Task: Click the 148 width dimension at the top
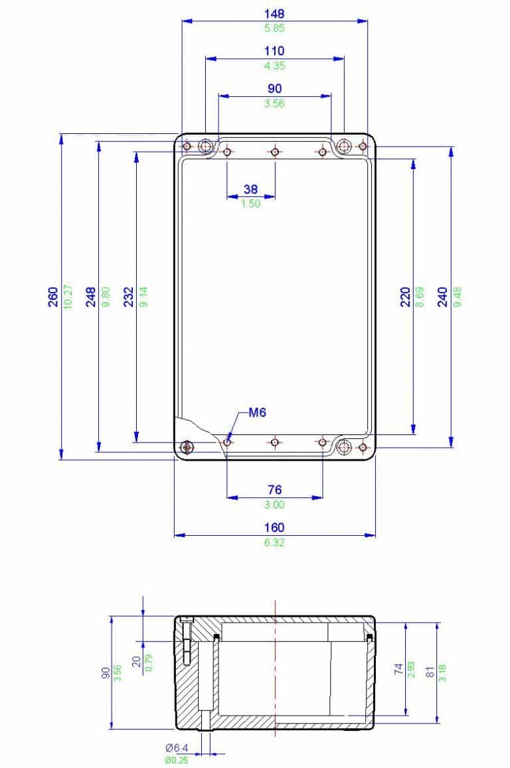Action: click(x=274, y=13)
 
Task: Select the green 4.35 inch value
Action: click(x=274, y=66)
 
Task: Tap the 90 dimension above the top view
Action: click(x=274, y=89)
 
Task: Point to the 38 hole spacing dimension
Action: click(x=250, y=189)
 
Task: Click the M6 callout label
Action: click(x=258, y=413)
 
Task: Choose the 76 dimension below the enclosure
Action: click(x=274, y=490)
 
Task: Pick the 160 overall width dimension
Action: click(x=274, y=528)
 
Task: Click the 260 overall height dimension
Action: click(x=52, y=296)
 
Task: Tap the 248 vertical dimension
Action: click(x=90, y=296)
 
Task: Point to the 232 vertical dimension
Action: click(x=129, y=296)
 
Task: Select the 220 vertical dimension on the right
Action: click(x=405, y=296)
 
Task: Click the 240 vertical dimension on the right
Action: click(x=443, y=296)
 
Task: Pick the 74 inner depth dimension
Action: click(x=398, y=669)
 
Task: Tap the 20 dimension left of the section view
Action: click(x=135, y=662)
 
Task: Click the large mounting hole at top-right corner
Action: click(x=344, y=145)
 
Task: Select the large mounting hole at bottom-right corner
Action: click(x=344, y=447)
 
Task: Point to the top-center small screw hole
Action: click(x=275, y=152)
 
